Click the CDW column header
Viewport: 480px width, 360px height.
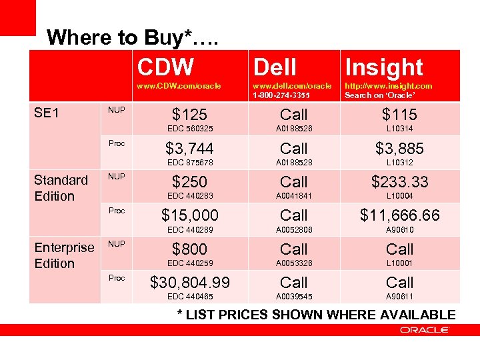pos(166,67)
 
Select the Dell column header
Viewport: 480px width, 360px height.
pos(275,67)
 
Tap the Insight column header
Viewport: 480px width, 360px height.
pos(384,67)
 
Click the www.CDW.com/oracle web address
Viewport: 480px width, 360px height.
pos(179,86)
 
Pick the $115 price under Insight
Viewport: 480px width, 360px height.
pos(400,115)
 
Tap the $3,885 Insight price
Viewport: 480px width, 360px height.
pos(400,148)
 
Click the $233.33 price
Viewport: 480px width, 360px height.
pos(400,181)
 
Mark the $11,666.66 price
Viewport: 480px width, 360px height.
pos(400,215)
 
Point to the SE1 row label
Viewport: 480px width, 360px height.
pos(47,113)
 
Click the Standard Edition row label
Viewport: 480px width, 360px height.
pos(61,188)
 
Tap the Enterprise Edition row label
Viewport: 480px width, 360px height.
pos(64,255)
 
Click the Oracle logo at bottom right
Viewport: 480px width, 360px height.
pos(425,330)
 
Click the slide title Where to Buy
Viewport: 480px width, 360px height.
pos(134,37)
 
